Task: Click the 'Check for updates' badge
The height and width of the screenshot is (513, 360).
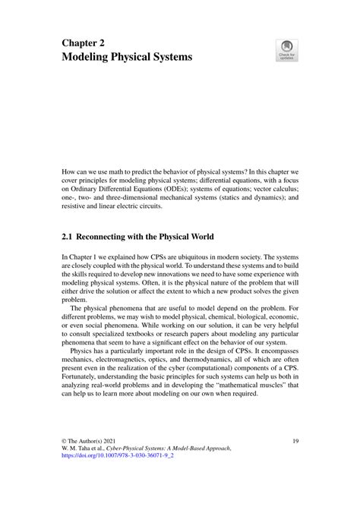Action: (x=288, y=50)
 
